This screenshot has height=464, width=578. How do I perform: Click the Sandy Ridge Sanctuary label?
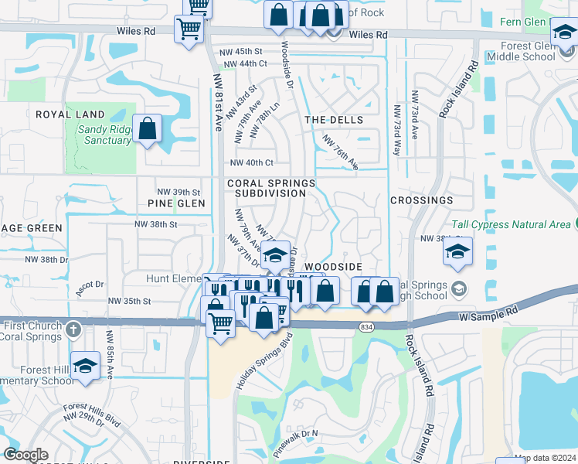pos(104,135)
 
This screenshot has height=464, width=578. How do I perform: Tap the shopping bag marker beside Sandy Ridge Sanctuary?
pos(147,128)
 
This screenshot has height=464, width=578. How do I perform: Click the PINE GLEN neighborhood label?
pos(176,203)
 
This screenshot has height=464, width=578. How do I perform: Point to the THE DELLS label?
pos(334,120)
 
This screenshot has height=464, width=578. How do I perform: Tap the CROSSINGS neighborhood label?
pos(421,200)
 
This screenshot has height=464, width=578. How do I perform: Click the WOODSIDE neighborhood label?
pos(333,266)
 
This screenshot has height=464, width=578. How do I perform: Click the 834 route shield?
pos(366,327)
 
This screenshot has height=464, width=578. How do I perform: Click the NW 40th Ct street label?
pos(252,162)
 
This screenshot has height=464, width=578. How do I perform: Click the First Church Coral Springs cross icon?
pos(73,328)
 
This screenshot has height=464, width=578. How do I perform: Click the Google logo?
pos(26,455)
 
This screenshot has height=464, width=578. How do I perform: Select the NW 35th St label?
pos(130,301)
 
